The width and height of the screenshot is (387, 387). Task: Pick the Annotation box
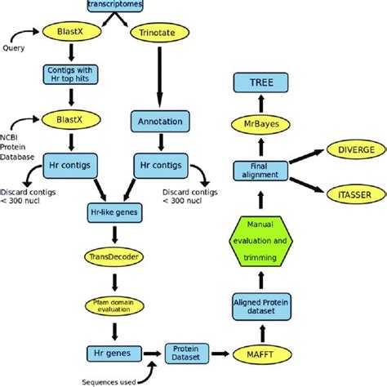coord(160,122)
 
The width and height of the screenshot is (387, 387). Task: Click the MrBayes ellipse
coord(261,123)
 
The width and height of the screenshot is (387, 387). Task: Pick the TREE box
coord(261,82)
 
